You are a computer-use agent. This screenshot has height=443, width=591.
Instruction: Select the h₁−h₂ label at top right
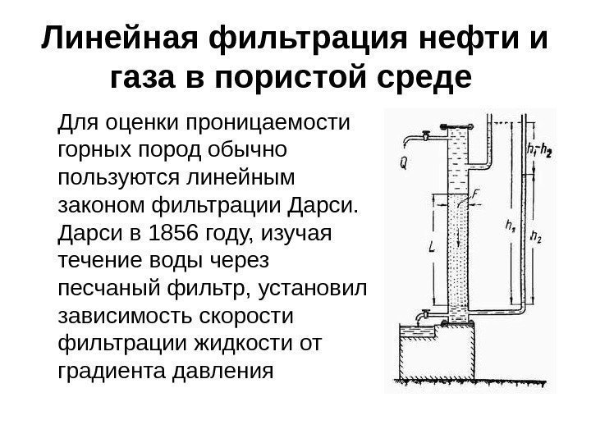(538, 151)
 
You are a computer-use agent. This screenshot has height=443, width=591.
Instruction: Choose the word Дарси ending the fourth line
(323, 204)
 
